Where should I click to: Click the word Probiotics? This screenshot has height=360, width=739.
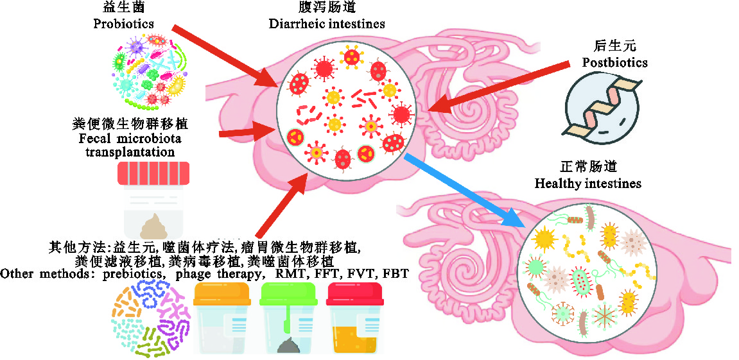(123, 24)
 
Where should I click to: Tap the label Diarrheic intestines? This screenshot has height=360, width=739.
(327, 24)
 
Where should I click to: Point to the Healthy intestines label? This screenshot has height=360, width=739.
(588, 184)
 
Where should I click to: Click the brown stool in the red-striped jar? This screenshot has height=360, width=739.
(153, 225)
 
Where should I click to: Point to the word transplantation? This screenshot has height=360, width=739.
(130, 152)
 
